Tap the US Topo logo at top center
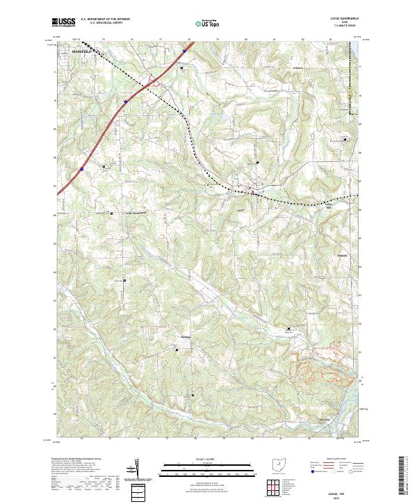pos(199,22)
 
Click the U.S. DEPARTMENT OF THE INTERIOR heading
pos(106,19)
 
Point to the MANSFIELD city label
pos(81,51)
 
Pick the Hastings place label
pos(186,338)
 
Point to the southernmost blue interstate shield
pos(81,168)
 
